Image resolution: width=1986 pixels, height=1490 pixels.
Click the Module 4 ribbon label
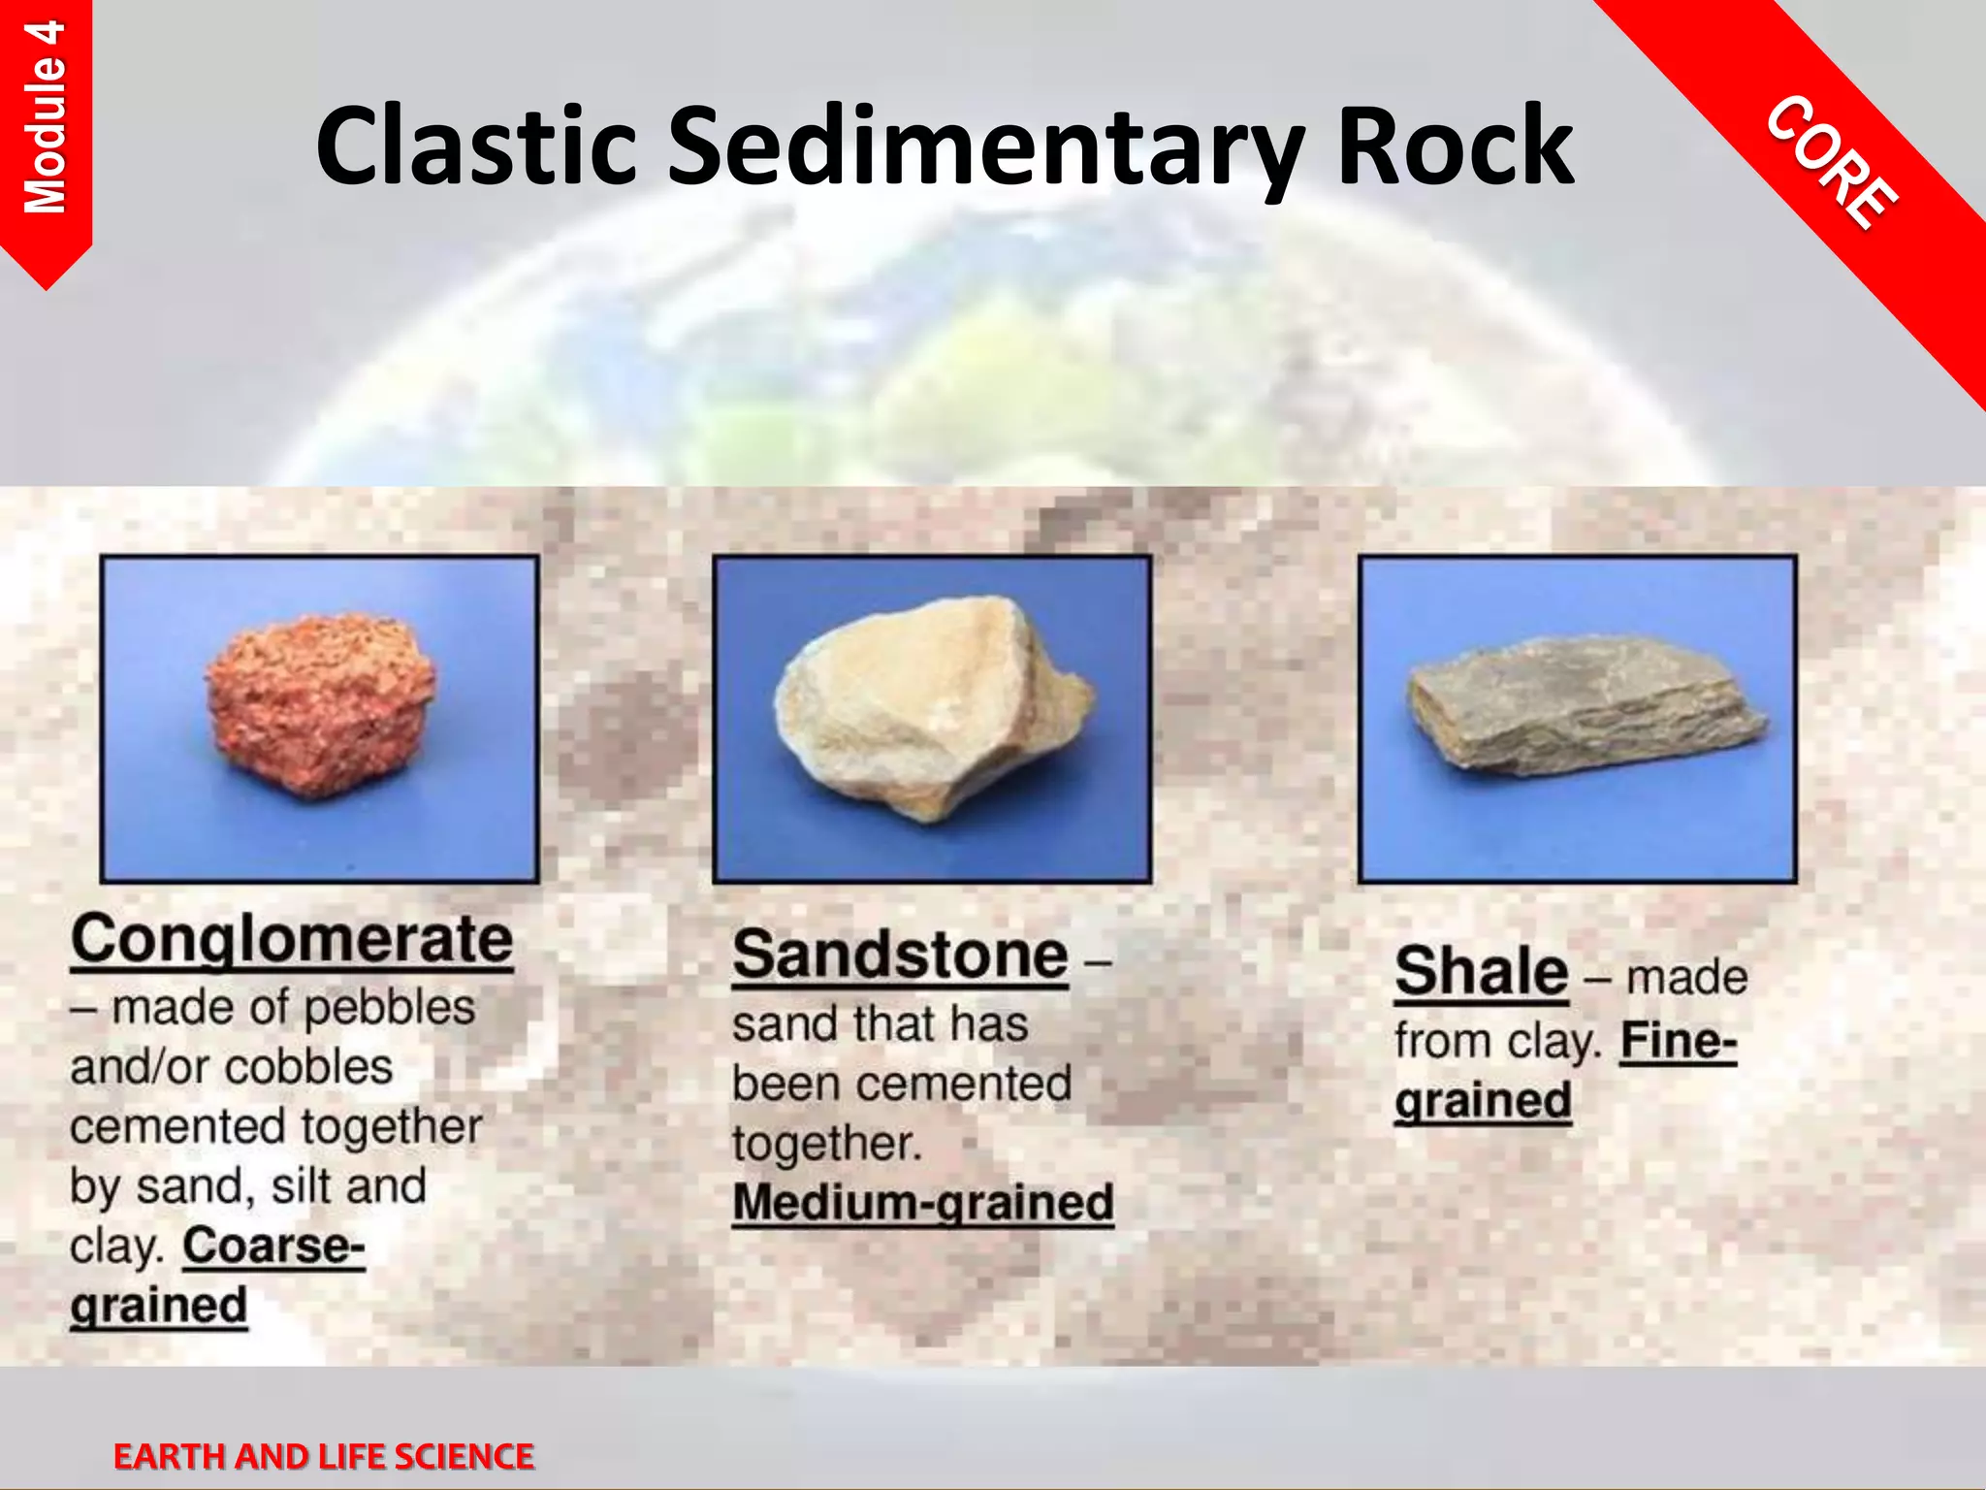point(46,116)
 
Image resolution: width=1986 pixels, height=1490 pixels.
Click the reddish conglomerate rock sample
point(320,706)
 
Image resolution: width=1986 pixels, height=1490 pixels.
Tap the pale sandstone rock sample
point(931,708)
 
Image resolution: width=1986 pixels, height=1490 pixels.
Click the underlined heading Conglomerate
point(291,939)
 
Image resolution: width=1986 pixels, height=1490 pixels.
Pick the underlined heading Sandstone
point(900,956)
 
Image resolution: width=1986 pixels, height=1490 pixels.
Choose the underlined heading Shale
point(1481,971)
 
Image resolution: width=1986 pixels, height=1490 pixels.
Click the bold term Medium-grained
point(922,1203)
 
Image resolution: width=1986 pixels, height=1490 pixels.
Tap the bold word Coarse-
point(273,1246)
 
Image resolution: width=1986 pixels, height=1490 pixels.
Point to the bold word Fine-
point(1679,1041)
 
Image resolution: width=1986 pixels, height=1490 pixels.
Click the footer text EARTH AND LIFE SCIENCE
point(323,1456)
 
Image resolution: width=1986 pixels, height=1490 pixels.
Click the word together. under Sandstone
point(826,1143)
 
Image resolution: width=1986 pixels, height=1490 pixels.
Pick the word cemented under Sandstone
point(980,1084)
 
